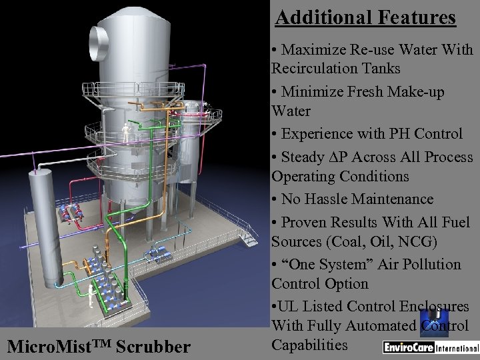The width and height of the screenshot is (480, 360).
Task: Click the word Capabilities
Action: pos(311,345)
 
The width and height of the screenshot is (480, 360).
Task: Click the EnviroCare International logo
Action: pos(429,348)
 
